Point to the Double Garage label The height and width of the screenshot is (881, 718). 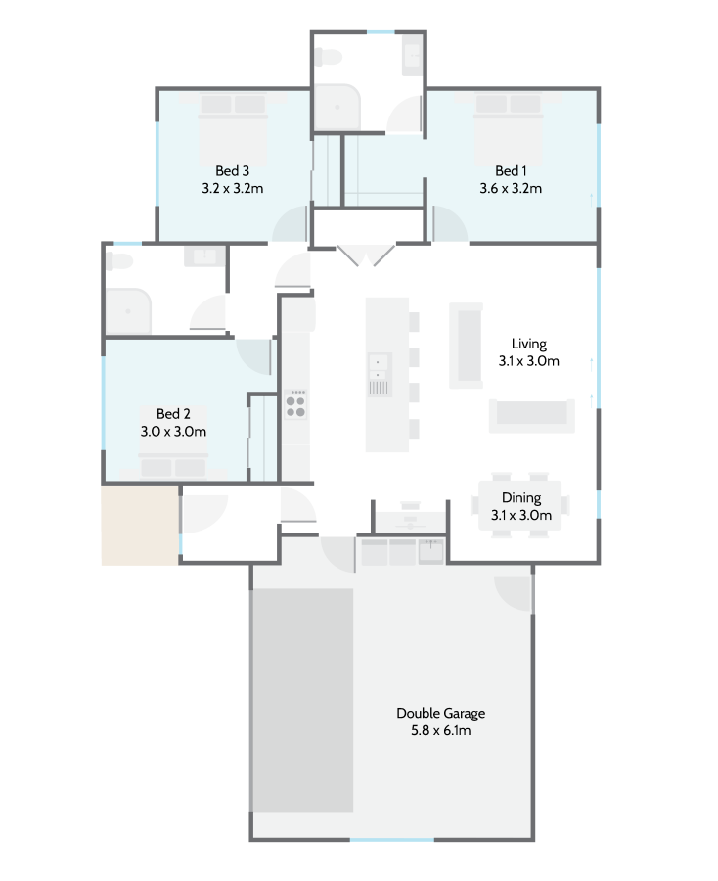(x=440, y=713)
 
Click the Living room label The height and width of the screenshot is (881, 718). (x=528, y=344)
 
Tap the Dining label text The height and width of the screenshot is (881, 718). (x=521, y=497)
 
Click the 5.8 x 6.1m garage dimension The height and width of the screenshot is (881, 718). (x=440, y=730)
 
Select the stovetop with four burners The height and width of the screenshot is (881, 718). (x=295, y=403)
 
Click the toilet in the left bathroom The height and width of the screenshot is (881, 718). (x=118, y=263)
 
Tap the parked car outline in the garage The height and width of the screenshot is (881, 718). (x=303, y=700)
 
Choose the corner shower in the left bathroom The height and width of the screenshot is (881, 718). (x=129, y=311)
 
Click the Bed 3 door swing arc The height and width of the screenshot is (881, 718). (x=290, y=227)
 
